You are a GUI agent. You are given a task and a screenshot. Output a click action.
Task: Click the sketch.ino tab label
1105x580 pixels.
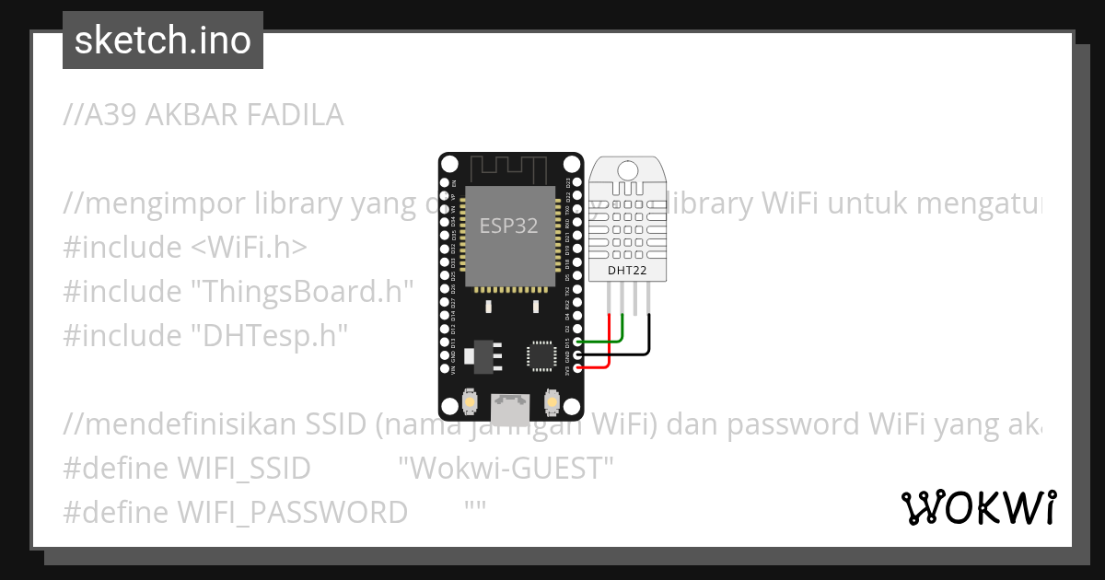tap(163, 41)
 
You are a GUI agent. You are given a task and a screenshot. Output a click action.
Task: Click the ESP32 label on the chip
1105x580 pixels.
tap(508, 226)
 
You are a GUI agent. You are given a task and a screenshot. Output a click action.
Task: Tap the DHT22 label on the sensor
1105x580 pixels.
tap(628, 271)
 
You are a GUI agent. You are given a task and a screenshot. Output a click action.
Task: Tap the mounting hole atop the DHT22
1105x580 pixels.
tap(628, 169)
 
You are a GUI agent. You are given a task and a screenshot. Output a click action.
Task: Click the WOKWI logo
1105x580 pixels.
tap(978, 507)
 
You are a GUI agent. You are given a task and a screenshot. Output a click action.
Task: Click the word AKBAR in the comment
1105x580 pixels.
tap(187, 115)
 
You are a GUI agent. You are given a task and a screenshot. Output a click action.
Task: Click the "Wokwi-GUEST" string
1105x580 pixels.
tap(506, 469)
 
